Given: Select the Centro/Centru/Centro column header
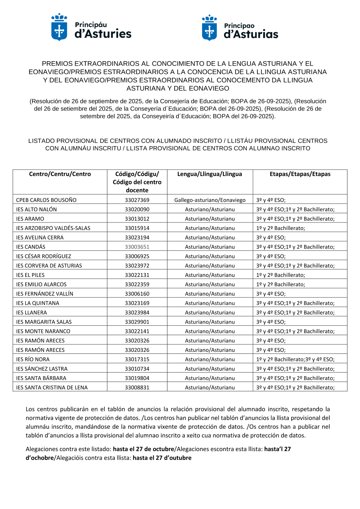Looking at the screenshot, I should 60,174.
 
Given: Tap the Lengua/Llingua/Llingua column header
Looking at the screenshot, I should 210,174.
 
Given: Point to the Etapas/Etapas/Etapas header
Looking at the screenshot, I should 300,174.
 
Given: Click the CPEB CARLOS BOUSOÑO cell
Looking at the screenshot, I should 46,200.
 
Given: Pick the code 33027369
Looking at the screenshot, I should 137,200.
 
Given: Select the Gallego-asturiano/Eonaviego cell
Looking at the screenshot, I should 210,200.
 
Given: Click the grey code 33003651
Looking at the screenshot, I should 137,247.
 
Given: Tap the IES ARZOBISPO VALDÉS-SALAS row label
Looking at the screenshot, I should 53,228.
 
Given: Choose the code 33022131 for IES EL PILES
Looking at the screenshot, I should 137,275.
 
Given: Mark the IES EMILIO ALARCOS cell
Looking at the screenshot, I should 41,284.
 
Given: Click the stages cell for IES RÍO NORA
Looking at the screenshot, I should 295,359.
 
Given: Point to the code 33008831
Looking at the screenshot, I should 137,388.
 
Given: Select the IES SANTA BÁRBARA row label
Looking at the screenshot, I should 41,378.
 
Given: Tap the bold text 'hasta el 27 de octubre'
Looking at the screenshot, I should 143,449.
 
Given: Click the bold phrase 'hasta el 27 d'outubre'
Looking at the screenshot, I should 162,458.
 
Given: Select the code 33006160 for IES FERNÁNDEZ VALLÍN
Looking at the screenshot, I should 137,294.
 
